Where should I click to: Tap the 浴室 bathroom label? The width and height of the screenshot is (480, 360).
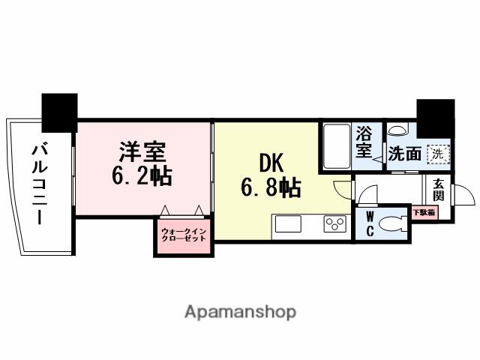(363, 143)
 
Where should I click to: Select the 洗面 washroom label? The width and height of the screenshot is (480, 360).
(405, 154)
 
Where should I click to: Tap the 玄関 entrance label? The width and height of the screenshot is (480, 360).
(438, 190)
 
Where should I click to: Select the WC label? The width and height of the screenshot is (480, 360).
(369, 223)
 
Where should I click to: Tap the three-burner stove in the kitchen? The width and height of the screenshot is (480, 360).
(332, 223)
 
